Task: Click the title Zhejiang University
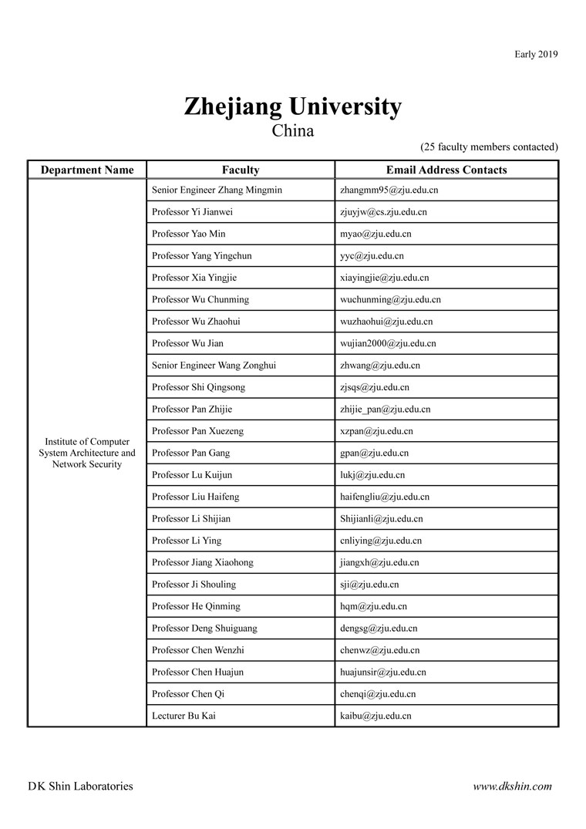(292, 106)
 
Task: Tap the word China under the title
(292, 130)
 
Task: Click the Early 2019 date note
(536, 54)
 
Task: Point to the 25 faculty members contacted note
(489, 147)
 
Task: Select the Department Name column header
(87, 170)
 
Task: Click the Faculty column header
(241, 170)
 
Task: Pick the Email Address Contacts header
(446, 170)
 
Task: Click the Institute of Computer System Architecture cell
(87, 453)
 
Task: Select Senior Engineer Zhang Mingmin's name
(217, 190)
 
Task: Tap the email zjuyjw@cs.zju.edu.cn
(383, 212)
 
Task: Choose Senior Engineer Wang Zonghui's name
(214, 366)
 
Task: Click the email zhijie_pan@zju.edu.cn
(385, 409)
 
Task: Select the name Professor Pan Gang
(190, 453)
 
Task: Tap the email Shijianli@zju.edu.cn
(381, 519)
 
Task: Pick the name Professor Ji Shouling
(194, 585)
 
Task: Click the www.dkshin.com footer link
(512, 787)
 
